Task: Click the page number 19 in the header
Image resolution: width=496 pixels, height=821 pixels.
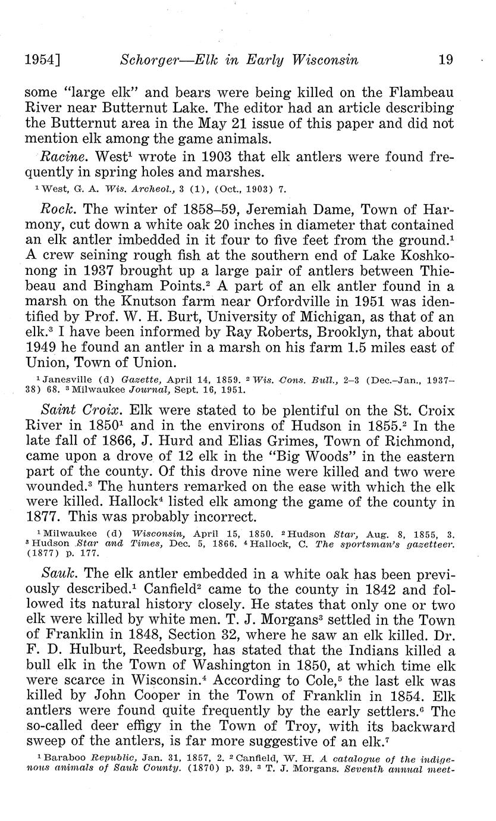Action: pyautogui.click(x=444, y=59)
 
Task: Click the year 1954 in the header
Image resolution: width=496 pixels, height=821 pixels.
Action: pyautogui.click(x=42, y=59)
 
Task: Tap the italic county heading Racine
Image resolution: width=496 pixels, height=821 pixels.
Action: pyautogui.click(x=59, y=158)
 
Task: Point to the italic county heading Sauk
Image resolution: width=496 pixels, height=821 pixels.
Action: pyautogui.click(x=58, y=575)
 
